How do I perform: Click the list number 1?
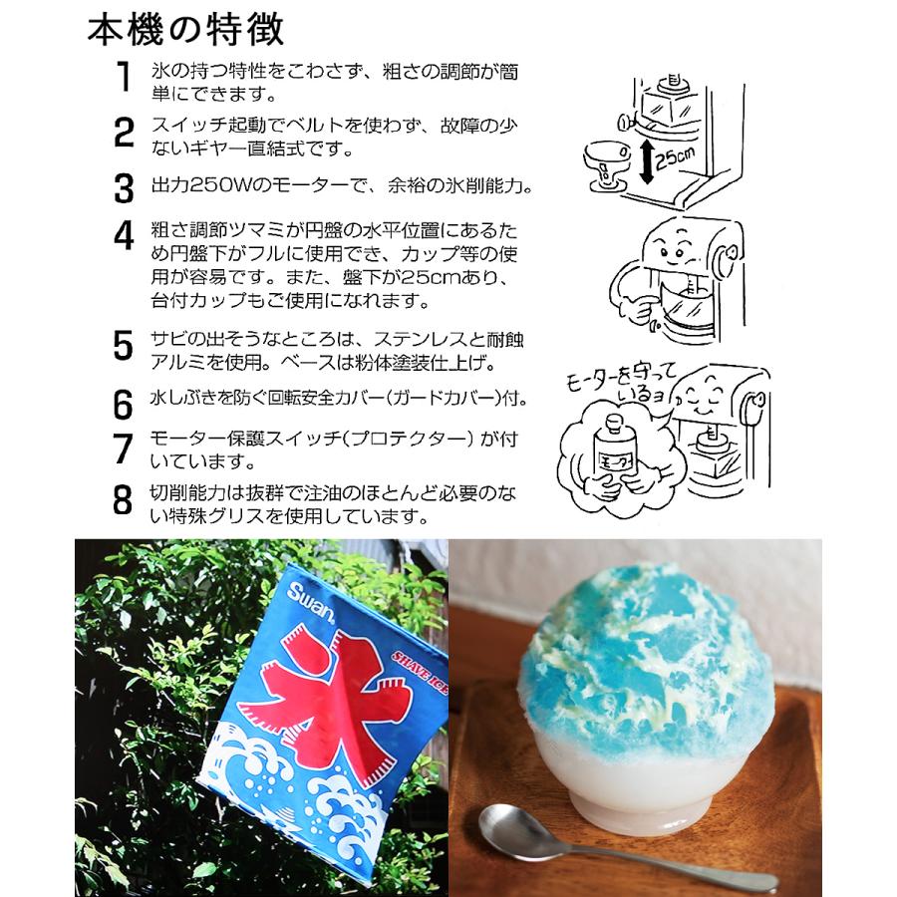pyautogui.click(x=125, y=77)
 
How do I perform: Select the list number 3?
pyautogui.click(x=124, y=188)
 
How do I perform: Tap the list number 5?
pyautogui.click(x=123, y=345)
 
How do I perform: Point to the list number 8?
pyautogui.click(x=123, y=500)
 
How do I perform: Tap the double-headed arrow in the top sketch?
pyautogui.click(x=646, y=162)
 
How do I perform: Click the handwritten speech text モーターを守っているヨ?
pyautogui.click(x=621, y=384)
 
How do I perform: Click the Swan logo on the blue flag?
pyautogui.click(x=310, y=600)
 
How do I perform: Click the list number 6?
pyautogui.click(x=123, y=405)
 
